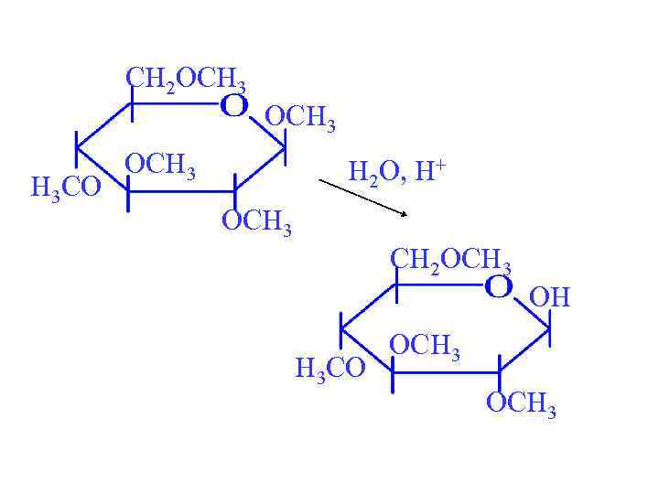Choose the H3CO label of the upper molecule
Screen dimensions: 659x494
[66, 188]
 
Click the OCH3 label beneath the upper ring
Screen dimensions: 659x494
[257, 222]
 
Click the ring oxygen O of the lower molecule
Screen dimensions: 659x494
[499, 287]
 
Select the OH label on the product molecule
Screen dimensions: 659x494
[550, 296]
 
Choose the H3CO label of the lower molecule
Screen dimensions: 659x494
[330, 368]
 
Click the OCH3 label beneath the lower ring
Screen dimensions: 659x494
[521, 403]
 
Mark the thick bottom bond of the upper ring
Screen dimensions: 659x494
[179, 190]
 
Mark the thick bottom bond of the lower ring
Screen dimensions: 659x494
[445, 371]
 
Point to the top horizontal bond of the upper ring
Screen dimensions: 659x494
[174, 103]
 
